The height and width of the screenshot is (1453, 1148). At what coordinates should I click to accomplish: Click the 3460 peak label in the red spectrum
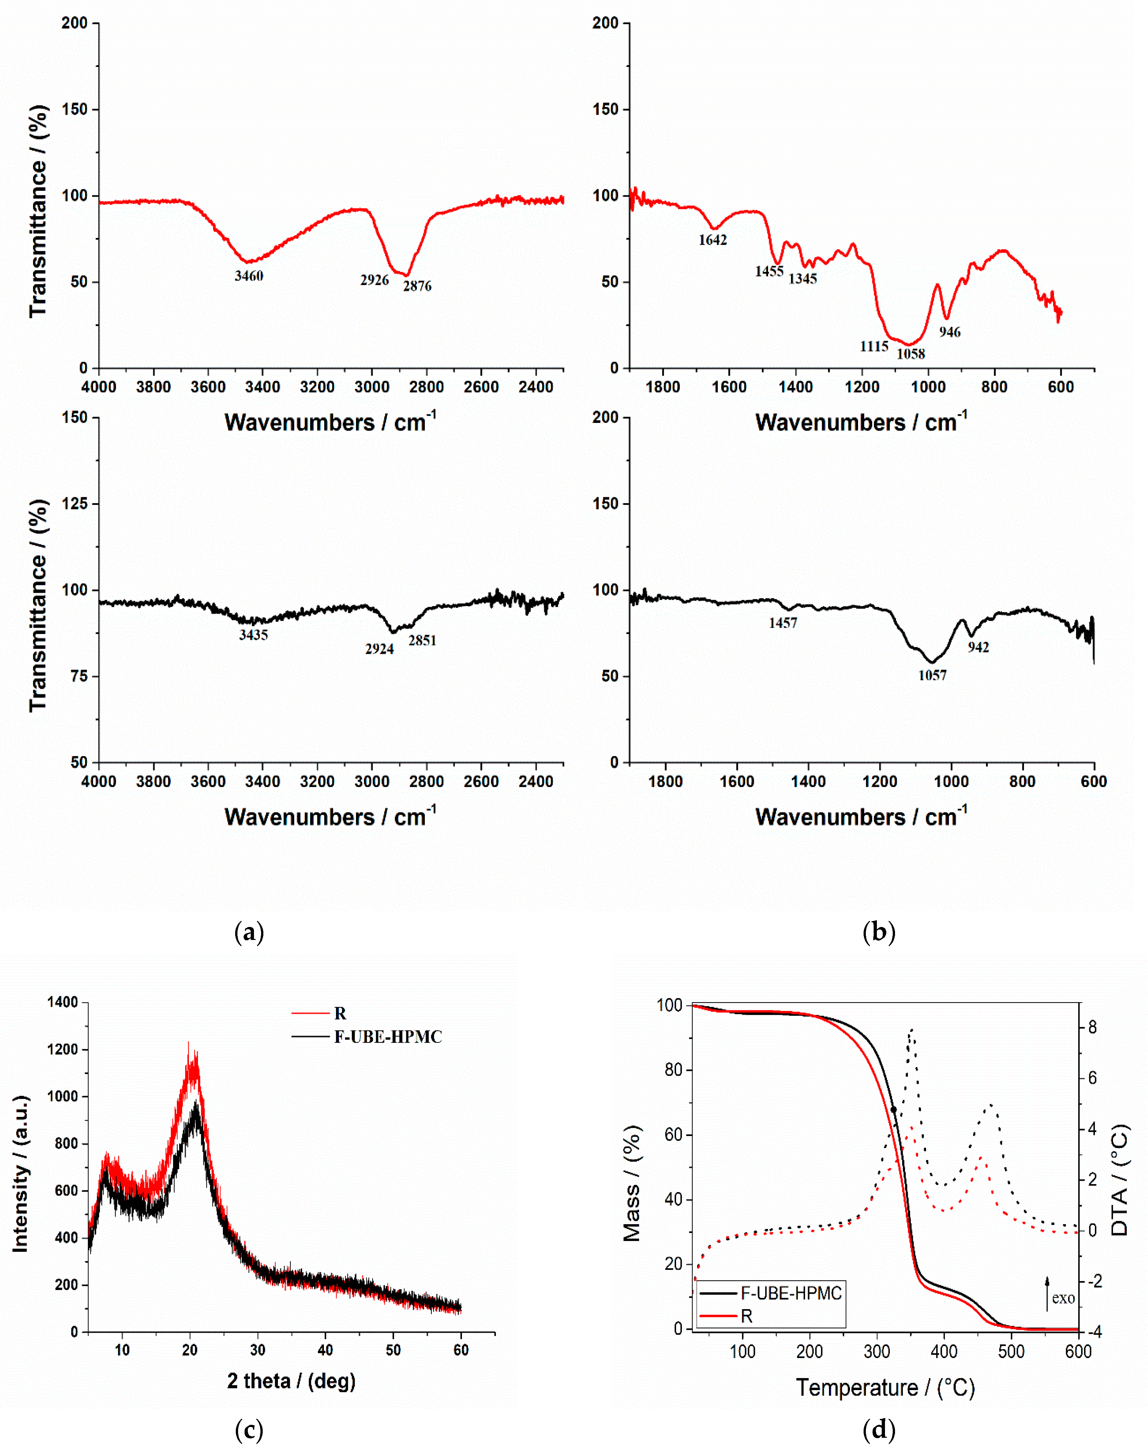(249, 276)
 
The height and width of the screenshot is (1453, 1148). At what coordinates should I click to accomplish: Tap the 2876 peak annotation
(418, 286)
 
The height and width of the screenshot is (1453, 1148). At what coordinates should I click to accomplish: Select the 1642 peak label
(712, 240)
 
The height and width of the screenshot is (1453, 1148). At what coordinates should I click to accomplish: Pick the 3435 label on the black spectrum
(253, 635)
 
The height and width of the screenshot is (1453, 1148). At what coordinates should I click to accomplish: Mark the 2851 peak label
(422, 640)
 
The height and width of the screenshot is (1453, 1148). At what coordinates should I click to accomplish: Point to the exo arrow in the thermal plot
(1047, 1294)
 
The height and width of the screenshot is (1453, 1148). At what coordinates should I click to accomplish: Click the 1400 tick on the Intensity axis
(63, 1002)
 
